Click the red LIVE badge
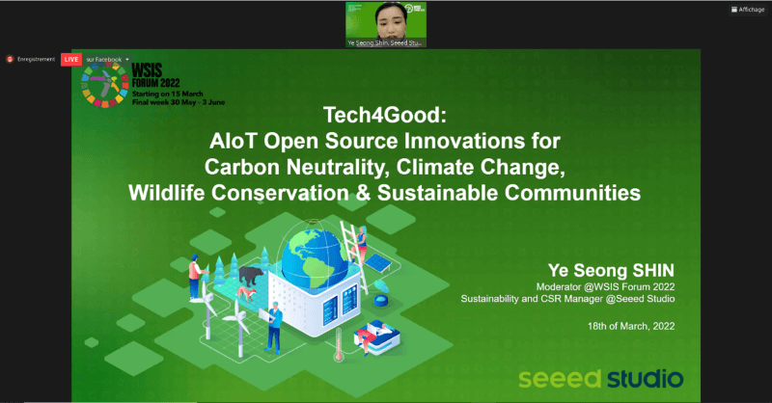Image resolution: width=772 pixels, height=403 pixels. coord(70,59)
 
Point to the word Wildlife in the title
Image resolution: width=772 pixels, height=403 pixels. coord(163,192)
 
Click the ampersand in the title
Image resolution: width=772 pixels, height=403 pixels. coord(461,192)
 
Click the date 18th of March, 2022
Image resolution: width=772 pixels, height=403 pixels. coord(630,327)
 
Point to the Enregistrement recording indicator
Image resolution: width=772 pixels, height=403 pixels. coord(32,59)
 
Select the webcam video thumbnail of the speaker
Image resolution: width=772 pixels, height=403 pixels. coord(386,20)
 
